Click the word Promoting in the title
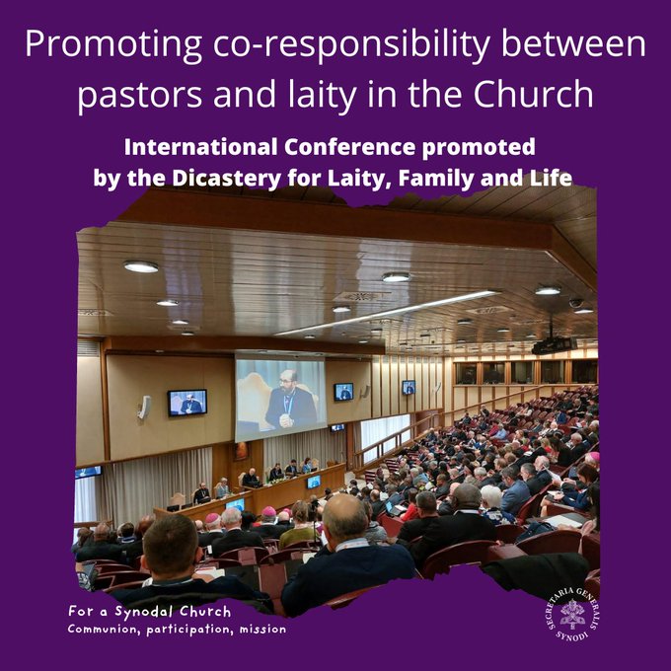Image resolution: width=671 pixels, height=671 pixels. [x=113, y=44]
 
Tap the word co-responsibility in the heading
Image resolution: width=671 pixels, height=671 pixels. [x=351, y=44]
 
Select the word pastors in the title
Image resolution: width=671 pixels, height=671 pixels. [x=139, y=95]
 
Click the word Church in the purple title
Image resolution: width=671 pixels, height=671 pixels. [x=533, y=94]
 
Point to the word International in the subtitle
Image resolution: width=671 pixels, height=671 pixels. [x=200, y=147]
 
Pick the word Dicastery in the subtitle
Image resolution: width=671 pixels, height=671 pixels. [x=226, y=179]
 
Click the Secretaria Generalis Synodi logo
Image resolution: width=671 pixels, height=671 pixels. [x=573, y=614]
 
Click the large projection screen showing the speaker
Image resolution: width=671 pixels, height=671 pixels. [x=280, y=399]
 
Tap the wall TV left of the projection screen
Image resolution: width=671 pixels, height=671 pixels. [x=187, y=403]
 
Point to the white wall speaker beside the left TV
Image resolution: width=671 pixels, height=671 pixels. [x=145, y=408]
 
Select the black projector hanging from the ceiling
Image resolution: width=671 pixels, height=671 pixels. [x=555, y=344]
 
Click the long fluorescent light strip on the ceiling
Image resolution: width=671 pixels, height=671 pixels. [x=387, y=313]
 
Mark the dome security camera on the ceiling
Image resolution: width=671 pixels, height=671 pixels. [x=576, y=303]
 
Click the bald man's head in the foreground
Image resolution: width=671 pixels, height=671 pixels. [x=344, y=516]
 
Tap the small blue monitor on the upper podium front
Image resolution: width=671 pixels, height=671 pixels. [x=314, y=482]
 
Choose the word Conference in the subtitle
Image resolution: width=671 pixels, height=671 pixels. [x=350, y=147]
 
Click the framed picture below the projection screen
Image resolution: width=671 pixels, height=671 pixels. [x=241, y=451]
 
